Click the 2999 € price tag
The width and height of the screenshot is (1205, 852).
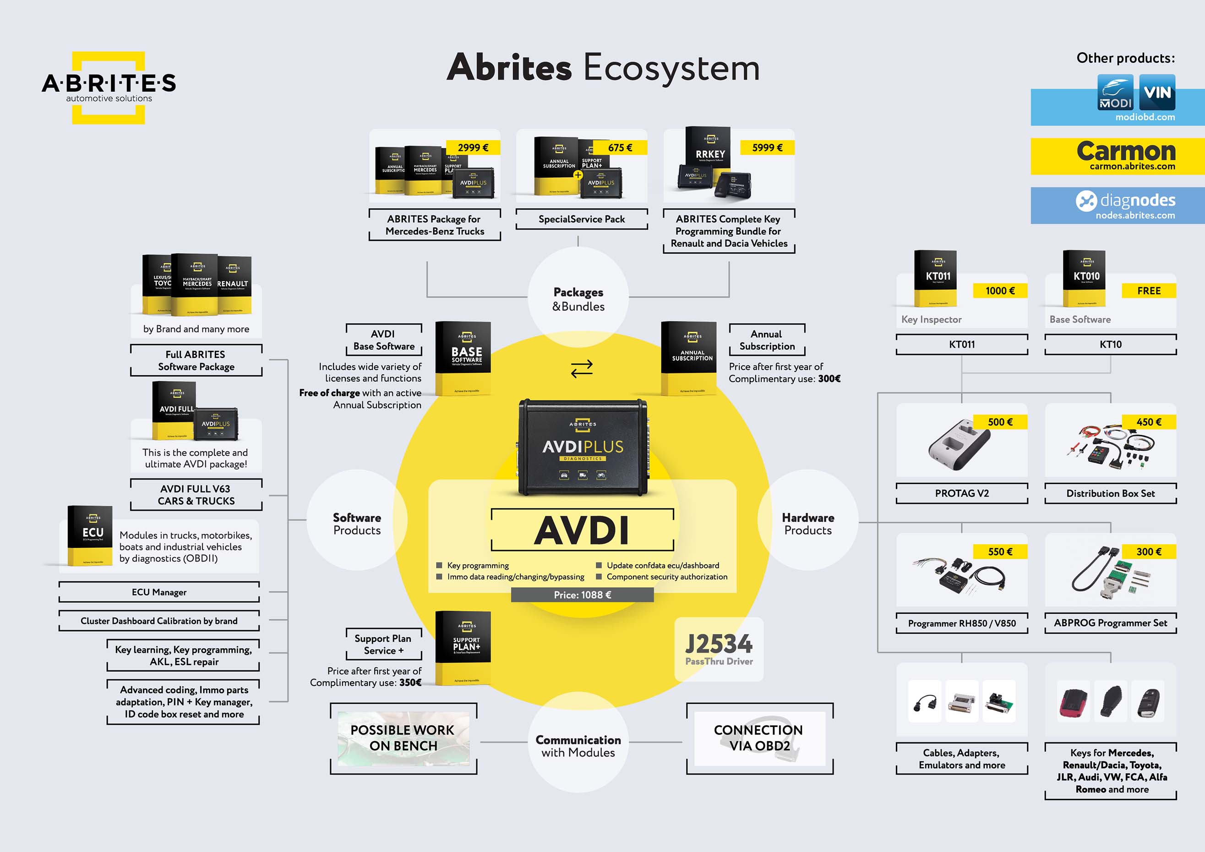(x=472, y=147)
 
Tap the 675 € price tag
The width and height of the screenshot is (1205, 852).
(x=620, y=147)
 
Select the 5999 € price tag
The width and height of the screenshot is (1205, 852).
(x=767, y=147)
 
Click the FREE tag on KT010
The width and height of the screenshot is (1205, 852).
(x=1148, y=291)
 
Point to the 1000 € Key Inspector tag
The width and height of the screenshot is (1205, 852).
(x=1000, y=291)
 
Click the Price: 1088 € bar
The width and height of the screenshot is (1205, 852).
(x=582, y=595)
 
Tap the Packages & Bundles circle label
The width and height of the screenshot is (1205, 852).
(x=578, y=299)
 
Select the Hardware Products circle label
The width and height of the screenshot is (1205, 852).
(x=808, y=524)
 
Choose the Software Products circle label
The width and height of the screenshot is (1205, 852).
(x=357, y=524)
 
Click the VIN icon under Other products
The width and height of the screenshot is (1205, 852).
(x=1157, y=93)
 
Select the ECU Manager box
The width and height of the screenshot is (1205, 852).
(x=159, y=592)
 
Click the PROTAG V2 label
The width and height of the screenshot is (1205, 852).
(x=961, y=493)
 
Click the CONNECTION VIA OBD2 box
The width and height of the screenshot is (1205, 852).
(x=759, y=737)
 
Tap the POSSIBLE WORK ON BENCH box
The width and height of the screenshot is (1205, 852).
(x=403, y=737)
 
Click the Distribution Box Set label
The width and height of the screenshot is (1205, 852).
(x=1110, y=493)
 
